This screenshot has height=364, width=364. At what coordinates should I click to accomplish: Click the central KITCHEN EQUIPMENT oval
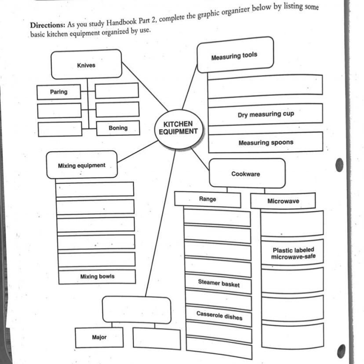[178, 127]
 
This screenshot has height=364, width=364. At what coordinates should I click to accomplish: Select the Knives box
[86, 65]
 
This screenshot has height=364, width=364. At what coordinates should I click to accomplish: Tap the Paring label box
[59, 92]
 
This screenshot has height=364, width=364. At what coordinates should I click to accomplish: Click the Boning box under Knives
[118, 128]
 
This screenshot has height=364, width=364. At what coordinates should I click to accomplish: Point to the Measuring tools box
[235, 55]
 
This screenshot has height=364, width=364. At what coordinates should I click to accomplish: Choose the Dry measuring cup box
[266, 114]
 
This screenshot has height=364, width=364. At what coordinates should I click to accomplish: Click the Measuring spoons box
[266, 142]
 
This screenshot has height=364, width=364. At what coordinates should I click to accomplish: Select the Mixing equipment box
[82, 165]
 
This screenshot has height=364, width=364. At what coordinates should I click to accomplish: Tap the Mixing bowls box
[97, 277]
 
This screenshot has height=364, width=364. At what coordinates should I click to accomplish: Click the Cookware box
[246, 174]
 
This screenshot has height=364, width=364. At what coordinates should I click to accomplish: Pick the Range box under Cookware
[207, 199]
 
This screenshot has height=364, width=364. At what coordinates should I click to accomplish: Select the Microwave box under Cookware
[283, 201]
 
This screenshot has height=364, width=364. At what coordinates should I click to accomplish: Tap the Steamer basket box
[218, 284]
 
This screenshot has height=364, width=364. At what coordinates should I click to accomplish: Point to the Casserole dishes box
[219, 316]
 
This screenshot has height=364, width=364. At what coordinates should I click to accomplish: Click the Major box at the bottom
[99, 337]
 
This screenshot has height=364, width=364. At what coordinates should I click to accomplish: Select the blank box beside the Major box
[157, 339]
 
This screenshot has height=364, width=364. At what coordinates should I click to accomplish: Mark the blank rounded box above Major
[137, 309]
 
